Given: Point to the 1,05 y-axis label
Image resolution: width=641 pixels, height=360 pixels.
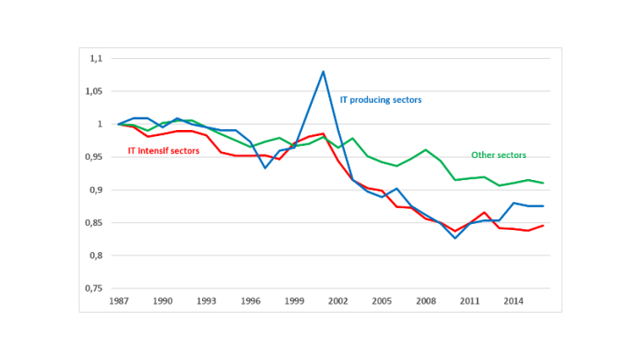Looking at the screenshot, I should tap(94, 91).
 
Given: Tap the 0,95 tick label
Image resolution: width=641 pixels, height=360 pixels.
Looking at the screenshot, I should tap(94, 157).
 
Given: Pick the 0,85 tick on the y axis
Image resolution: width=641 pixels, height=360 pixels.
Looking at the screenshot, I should tap(94, 223).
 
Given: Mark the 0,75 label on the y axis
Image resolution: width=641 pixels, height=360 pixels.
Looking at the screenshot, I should tap(94, 289).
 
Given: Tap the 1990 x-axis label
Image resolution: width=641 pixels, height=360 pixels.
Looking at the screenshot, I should tap(162, 300).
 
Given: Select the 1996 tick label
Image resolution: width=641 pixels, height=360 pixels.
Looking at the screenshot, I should tap(250, 300).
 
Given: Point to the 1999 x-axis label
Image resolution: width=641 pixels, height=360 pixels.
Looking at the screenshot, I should tap(294, 300).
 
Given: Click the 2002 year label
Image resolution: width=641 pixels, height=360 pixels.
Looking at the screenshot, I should tap(338, 300).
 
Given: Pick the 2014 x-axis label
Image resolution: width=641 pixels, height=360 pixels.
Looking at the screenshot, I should tap(514, 300).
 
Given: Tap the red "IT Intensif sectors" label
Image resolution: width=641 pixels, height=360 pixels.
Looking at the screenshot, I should tap(164, 151).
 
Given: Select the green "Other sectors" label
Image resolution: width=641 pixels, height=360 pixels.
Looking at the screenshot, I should tap(499, 155).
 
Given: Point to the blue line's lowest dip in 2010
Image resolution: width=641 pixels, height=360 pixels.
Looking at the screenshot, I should tap(455, 238).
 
